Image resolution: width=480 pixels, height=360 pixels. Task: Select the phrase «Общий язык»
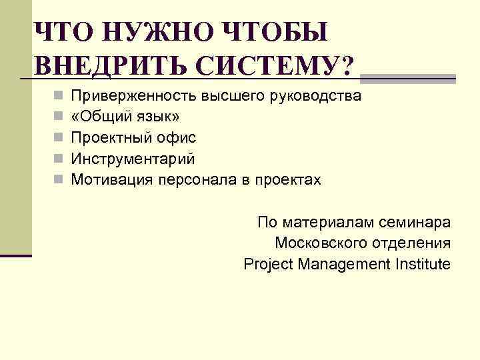click(x=125, y=117)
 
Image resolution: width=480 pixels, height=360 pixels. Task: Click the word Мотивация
click(x=111, y=180)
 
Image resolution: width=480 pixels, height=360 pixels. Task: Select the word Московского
click(x=317, y=243)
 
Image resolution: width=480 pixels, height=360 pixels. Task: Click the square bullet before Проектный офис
click(x=59, y=138)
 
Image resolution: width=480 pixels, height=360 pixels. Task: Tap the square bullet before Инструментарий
click(x=59, y=159)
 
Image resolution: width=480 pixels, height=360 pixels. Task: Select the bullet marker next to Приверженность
click(x=59, y=96)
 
